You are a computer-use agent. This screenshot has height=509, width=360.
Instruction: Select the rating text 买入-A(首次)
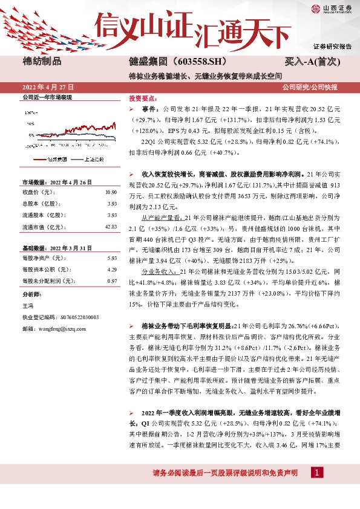(313, 62)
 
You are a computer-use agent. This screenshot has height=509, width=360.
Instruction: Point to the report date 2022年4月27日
(47, 88)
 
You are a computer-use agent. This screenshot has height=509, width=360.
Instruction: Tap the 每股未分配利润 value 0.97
(111, 281)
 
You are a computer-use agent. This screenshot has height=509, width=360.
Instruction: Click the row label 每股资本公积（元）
(44, 270)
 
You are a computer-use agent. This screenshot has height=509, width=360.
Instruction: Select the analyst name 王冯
(28, 306)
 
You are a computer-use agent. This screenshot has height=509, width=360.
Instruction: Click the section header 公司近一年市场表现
(47, 97)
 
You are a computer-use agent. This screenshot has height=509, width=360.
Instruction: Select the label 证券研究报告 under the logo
(332, 47)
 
